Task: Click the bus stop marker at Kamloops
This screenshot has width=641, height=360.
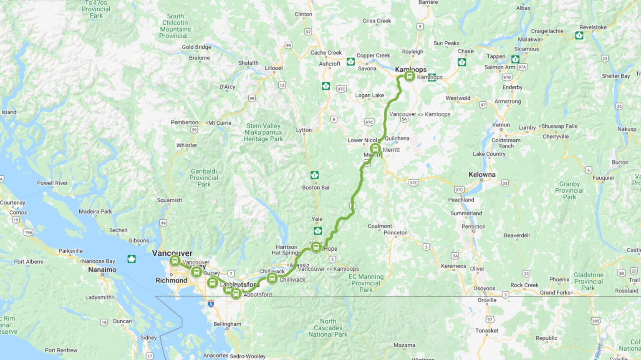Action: tap(409, 76)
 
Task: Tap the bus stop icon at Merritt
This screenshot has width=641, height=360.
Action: tap(375, 149)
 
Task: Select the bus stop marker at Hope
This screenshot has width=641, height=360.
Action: tap(316, 247)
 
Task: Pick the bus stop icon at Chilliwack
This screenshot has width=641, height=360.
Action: tap(272, 278)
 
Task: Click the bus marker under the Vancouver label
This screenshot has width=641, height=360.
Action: tap(175, 261)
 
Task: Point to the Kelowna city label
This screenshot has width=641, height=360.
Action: tap(482, 175)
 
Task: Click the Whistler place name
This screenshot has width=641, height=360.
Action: tap(187, 146)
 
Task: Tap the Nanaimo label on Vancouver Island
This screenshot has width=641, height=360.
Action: tap(102, 270)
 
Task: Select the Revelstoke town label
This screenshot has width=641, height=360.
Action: tap(593, 28)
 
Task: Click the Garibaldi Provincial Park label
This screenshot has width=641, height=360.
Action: tap(204, 178)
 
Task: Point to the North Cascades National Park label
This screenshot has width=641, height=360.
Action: tap(328, 328)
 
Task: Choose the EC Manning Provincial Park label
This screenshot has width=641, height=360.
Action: tap(366, 283)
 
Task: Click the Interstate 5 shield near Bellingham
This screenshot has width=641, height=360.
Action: tap(211, 305)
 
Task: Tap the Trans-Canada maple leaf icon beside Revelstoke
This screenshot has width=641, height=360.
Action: tap(579, 35)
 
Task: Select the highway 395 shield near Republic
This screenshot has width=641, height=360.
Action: tap(596, 321)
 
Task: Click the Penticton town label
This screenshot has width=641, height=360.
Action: tap(473, 227)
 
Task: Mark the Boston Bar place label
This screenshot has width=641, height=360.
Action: tap(316, 188)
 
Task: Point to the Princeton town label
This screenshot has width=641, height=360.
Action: tap(396, 233)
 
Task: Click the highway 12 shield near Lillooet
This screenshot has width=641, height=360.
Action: tap(282, 85)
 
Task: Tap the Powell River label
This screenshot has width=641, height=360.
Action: tap(52, 183)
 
